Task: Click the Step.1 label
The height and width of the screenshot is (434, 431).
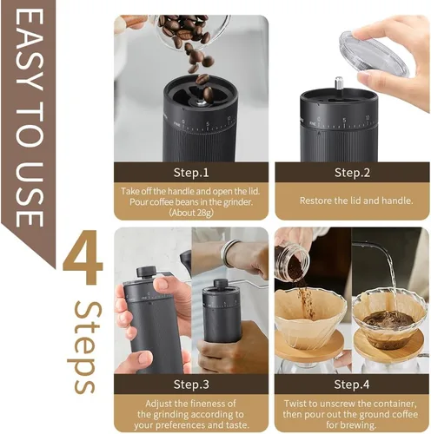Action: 191,172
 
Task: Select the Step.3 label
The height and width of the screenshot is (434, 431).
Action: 191,384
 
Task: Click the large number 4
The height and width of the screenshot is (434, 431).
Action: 83,263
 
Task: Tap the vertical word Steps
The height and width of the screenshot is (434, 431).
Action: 84,347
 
